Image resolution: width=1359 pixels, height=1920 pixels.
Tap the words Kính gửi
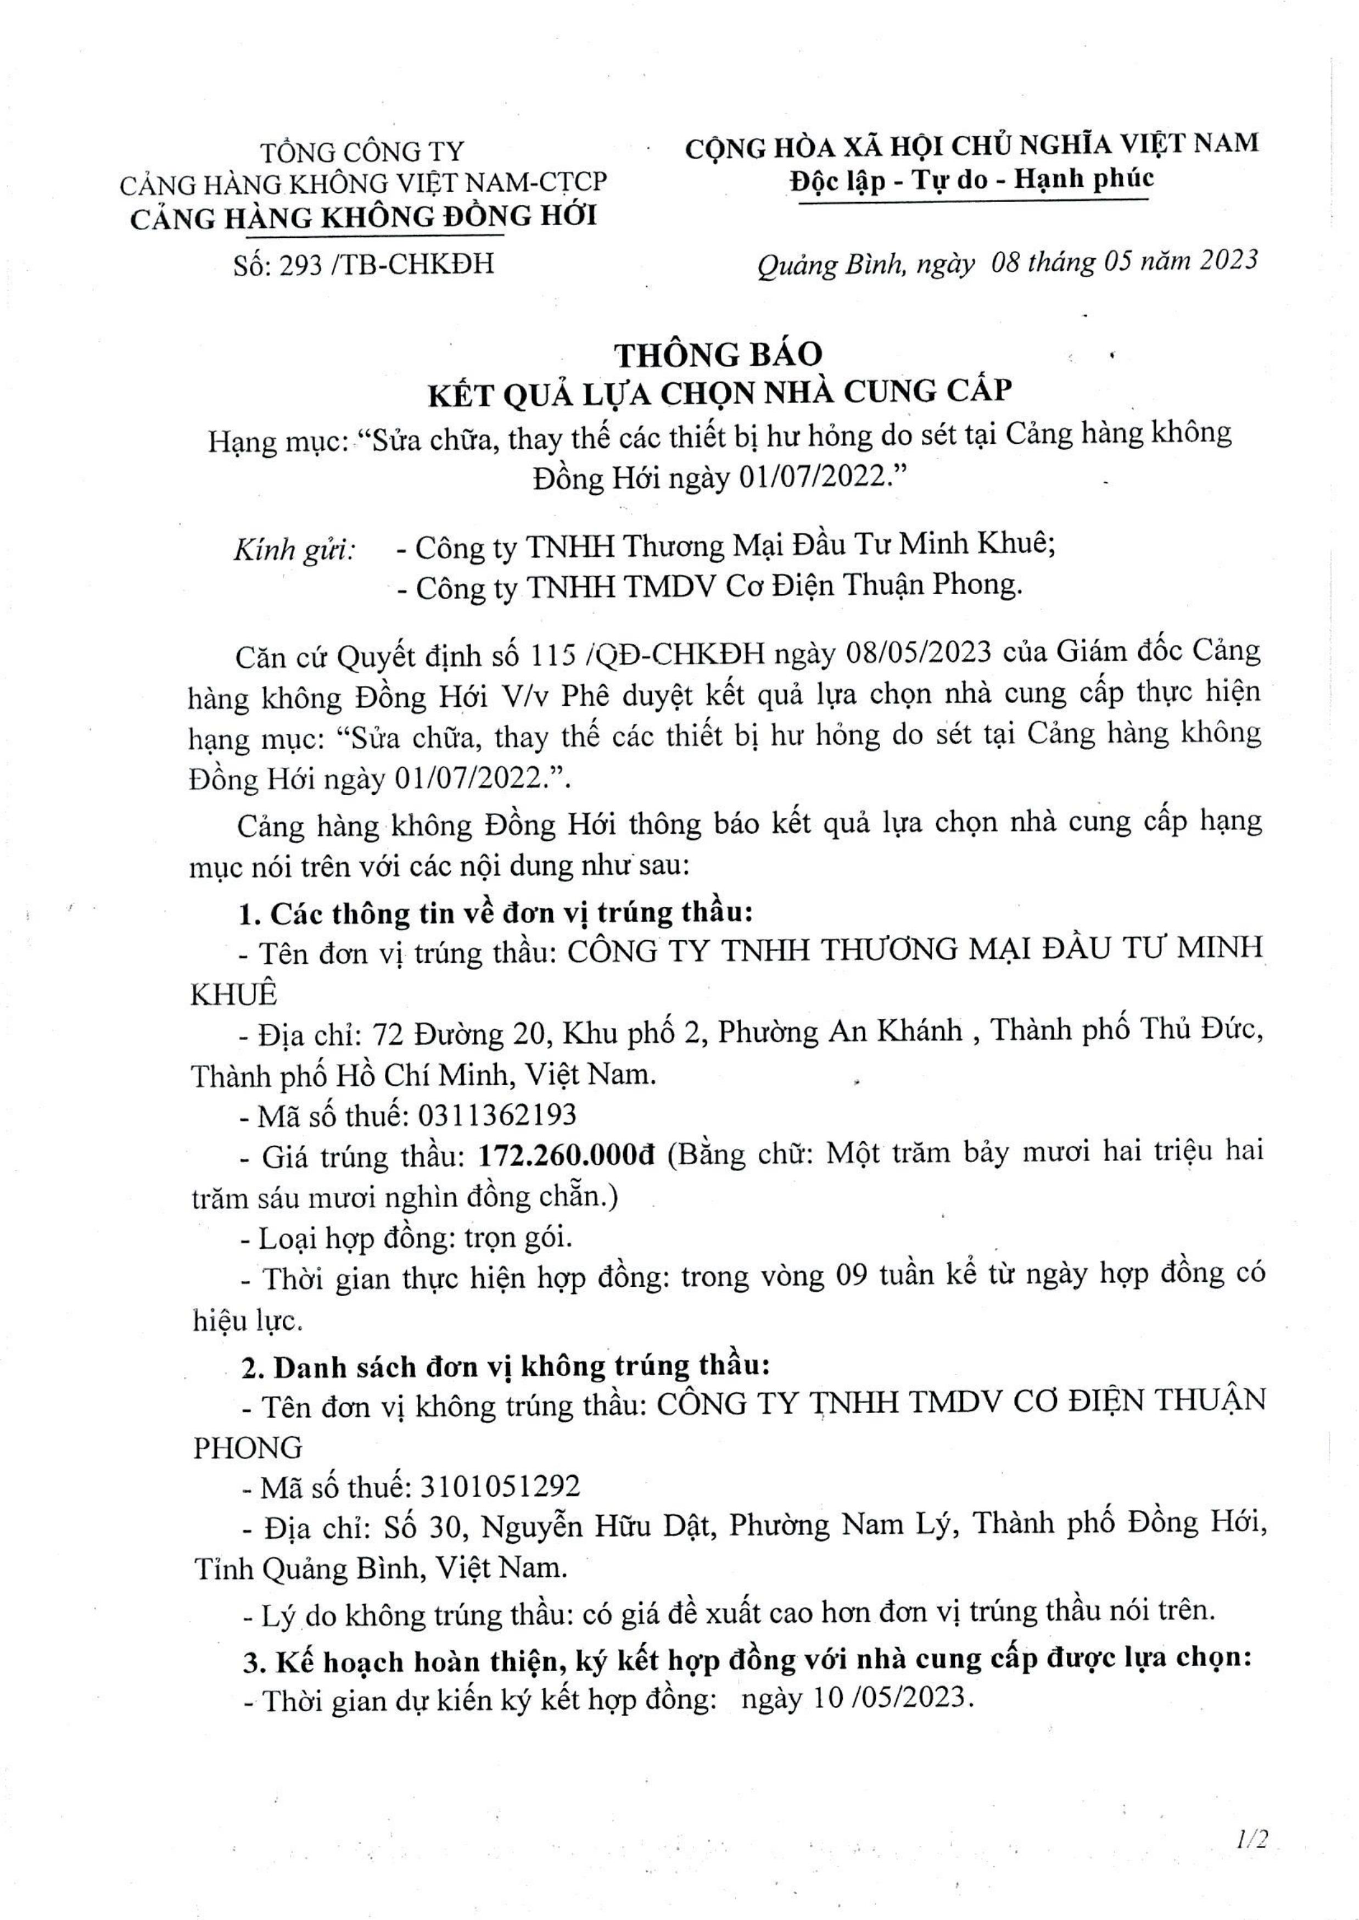coord(294,550)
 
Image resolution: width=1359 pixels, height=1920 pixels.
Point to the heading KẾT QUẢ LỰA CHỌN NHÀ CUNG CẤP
coord(720,393)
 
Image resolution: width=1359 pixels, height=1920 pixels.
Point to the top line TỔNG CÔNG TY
coord(361,152)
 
